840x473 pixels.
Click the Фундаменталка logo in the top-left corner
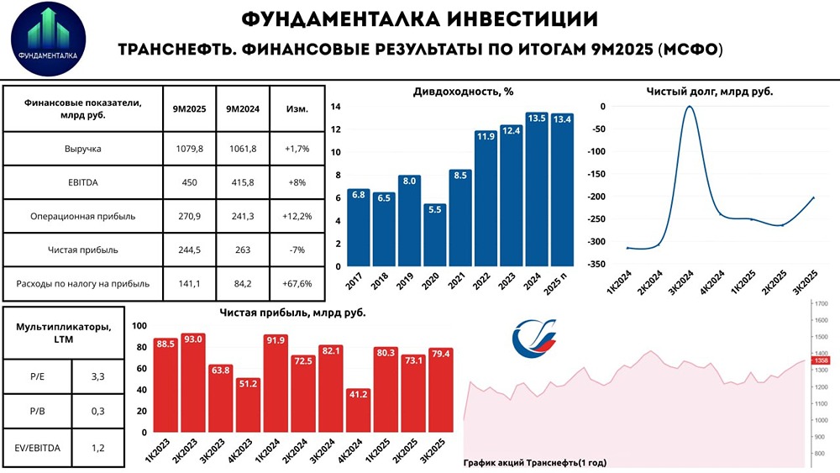[47, 39]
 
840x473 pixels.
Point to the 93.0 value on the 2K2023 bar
[192, 339]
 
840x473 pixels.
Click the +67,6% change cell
[297, 284]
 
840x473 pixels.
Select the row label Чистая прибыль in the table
[82, 249]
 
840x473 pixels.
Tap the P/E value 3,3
[97, 378]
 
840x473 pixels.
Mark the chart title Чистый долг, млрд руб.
[709, 92]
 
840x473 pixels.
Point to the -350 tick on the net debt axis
[595, 264]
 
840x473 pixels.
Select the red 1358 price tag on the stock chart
[821, 360]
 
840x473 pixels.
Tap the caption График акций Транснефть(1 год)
[534, 462]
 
